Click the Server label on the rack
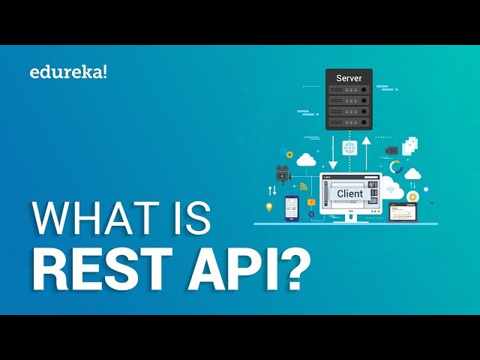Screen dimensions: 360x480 coord(349,78)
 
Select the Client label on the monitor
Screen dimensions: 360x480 coord(349,193)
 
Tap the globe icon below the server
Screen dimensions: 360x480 coord(349,148)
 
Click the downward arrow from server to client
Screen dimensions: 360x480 coord(333,151)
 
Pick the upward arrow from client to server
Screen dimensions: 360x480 coord(366,151)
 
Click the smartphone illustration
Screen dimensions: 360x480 coord(292,208)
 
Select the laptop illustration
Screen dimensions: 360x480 coord(403,214)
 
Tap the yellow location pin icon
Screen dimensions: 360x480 coord(269,207)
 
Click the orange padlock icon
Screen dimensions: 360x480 coord(310,202)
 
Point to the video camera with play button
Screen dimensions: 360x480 coord(282,173)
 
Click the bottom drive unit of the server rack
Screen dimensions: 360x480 coord(349,121)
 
